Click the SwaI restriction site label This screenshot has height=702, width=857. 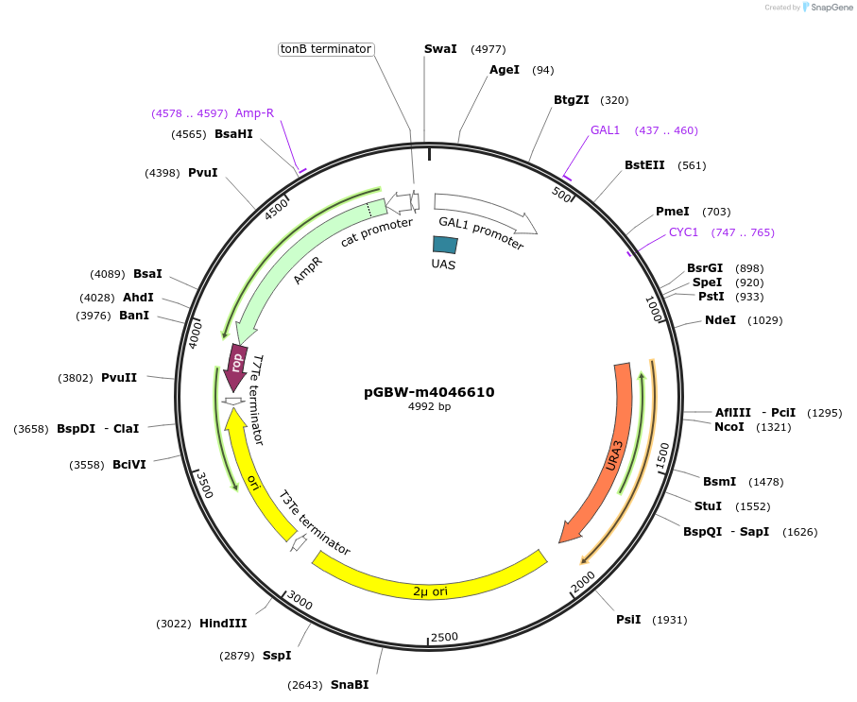point(440,49)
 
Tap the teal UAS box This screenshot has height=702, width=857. point(445,244)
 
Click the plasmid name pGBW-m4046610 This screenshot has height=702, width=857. point(429,392)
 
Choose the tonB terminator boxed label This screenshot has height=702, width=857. point(326,49)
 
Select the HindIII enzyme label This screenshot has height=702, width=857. point(223,624)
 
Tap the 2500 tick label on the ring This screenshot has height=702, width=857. point(444,637)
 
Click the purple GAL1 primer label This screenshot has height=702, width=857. point(605,130)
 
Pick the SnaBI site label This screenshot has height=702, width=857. point(350,685)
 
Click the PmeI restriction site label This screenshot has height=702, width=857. point(673,212)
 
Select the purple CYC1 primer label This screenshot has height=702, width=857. point(683,232)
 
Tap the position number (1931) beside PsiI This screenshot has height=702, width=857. point(670,620)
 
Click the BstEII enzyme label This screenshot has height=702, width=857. point(644,165)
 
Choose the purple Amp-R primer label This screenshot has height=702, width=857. point(254,113)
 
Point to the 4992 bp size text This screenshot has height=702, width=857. point(429,407)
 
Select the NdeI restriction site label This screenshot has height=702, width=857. point(720,320)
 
